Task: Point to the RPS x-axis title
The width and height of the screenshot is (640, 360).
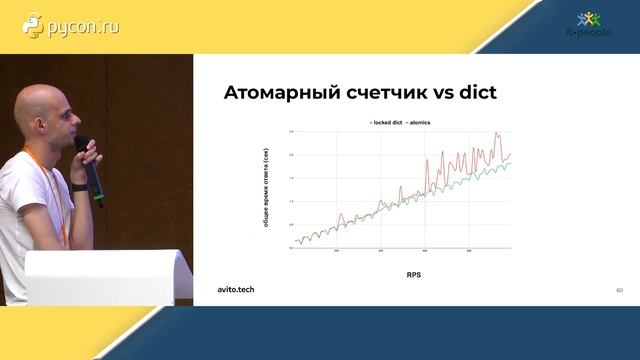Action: (x=413, y=273)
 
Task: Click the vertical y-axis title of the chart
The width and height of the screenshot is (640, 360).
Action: (x=265, y=189)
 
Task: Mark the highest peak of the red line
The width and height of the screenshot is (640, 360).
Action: (x=496, y=132)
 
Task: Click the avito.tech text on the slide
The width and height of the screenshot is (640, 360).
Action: (x=236, y=289)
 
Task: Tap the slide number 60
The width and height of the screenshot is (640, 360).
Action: (x=619, y=290)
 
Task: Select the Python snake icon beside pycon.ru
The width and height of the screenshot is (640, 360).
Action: (x=34, y=27)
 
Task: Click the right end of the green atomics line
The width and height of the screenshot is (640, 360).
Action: (x=511, y=163)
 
